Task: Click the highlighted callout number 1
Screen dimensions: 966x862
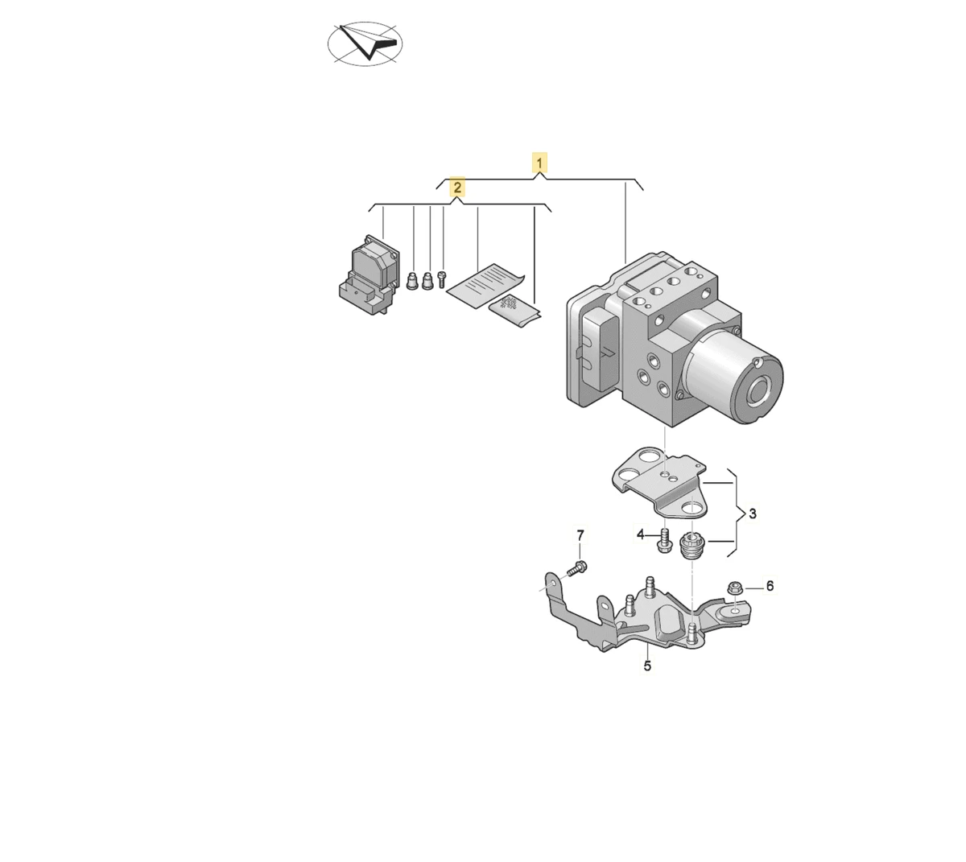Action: pos(539,163)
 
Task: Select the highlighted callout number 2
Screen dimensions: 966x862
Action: pos(457,188)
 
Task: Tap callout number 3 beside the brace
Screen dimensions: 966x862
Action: pos(753,513)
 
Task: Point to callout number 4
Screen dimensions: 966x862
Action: pos(640,535)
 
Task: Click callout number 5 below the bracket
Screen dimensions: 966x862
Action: pos(647,666)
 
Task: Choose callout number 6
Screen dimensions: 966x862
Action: pos(770,585)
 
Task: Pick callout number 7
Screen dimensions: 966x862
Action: pos(580,535)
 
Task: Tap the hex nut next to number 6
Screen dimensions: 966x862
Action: pos(735,588)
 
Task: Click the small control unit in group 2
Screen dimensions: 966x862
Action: pos(369,274)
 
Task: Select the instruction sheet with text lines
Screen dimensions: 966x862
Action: pos(485,286)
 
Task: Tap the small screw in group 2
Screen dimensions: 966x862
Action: pos(441,278)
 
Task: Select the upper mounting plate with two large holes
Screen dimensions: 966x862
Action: pos(659,482)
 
